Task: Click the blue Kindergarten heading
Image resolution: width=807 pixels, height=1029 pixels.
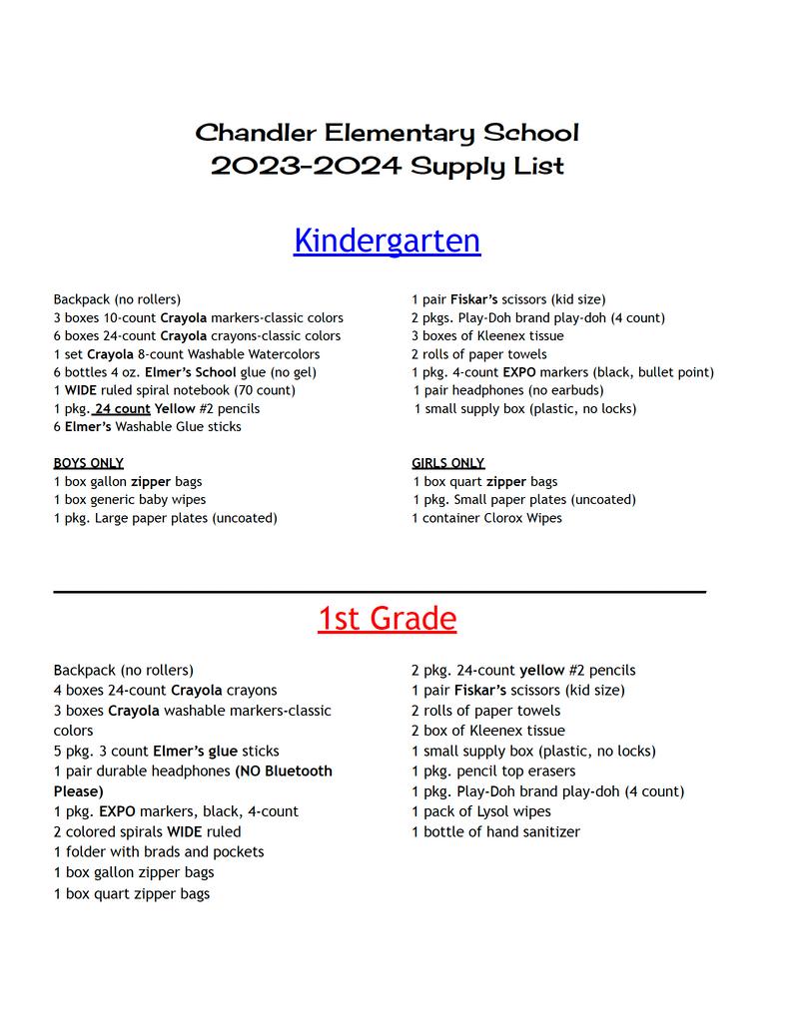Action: point(387,241)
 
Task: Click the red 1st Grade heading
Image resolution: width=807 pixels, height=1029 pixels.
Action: point(387,620)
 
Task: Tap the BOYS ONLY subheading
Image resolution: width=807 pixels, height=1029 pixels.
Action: point(89,463)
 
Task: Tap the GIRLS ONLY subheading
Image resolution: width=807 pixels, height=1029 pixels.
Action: point(447,463)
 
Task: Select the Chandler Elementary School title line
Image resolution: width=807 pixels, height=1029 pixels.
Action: point(387,133)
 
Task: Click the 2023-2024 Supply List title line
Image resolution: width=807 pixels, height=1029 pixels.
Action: point(387,166)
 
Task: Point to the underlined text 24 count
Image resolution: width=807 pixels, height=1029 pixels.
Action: point(122,408)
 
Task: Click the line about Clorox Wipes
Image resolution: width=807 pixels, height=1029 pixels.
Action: point(486,518)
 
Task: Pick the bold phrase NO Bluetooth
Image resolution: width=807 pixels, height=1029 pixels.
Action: point(284,772)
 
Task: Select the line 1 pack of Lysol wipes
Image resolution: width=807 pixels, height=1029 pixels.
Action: point(481,811)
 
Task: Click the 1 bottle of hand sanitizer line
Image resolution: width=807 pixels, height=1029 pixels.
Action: point(495,831)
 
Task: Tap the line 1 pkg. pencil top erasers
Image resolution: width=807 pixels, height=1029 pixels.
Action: point(493,772)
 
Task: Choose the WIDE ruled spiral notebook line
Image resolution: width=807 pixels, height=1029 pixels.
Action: point(174,390)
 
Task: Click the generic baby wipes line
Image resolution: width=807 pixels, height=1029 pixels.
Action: point(130,499)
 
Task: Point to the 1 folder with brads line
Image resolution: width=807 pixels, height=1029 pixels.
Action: point(159,851)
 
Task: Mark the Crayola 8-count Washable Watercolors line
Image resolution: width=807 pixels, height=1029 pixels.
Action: point(187,354)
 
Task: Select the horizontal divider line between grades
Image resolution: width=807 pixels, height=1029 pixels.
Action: point(380,592)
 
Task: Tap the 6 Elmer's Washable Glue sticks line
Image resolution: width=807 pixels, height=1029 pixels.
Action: point(147,426)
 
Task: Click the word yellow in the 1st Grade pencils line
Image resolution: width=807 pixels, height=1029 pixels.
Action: point(541,671)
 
